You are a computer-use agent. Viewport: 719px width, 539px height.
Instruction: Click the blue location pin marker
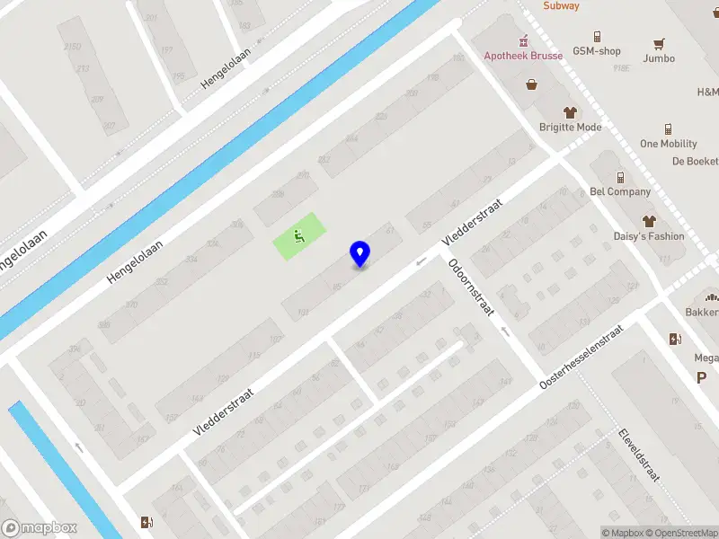click(x=360, y=253)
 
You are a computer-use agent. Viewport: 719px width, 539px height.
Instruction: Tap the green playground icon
click(x=298, y=237)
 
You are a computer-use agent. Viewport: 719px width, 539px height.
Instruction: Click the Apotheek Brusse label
click(x=524, y=56)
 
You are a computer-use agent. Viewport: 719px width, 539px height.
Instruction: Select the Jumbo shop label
click(x=659, y=58)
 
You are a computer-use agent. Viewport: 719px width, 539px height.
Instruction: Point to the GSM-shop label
click(x=597, y=51)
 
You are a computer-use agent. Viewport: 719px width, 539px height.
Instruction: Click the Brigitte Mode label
click(x=570, y=128)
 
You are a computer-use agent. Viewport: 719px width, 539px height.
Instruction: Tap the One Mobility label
click(x=668, y=144)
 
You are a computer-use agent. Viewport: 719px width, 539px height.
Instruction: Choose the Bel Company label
click(x=620, y=191)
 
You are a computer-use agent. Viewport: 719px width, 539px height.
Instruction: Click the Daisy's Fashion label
click(x=648, y=236)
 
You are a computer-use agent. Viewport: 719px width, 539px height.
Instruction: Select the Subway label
click(x=561, y=6)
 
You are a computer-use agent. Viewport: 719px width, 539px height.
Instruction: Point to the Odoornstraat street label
click(x=472, y=287)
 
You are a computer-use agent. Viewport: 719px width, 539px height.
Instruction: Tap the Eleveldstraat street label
click(x=639, y=454)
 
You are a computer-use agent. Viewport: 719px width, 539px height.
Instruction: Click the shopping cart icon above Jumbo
click(x=660, y=43)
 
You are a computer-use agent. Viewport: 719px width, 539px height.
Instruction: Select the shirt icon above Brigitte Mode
click(x=570, y=112)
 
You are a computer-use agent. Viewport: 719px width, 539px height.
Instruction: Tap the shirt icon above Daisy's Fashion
click(x=648, y=221)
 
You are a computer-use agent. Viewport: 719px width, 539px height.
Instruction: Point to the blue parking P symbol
click(x=701, y=378)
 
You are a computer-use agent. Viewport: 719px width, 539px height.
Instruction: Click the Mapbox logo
click(x=40, y=528)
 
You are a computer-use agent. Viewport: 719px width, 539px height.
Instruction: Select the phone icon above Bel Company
click(x=620, y=177)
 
